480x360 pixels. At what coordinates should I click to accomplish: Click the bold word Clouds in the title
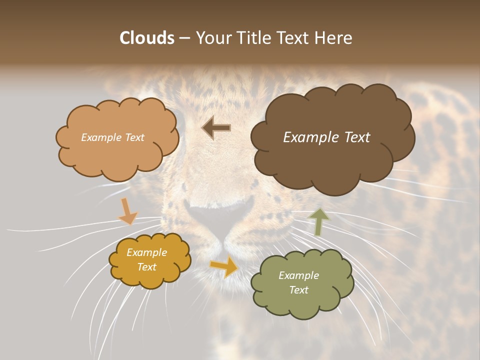pyautogui.click(x=147, y=38)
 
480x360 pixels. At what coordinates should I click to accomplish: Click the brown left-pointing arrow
pyautogui.click(x=216, y=128)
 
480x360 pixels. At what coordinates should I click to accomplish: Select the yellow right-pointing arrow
pyautogui.click(x=224, y=266)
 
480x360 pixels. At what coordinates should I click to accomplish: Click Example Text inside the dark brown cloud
pyautogui.click(x=326, y=137)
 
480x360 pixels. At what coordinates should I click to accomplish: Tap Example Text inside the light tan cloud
pyautogui.click(x=112, y=137)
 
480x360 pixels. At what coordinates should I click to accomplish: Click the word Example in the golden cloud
pyautogui.click(x=146, y=252)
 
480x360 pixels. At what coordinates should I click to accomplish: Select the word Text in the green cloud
pyautogui.click(x=298, y=290)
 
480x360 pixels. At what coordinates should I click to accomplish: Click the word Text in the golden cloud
pyautogui.click(x=146, y=267)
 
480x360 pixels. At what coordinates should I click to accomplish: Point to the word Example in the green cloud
pyautogui.click(x=298, y=275)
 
